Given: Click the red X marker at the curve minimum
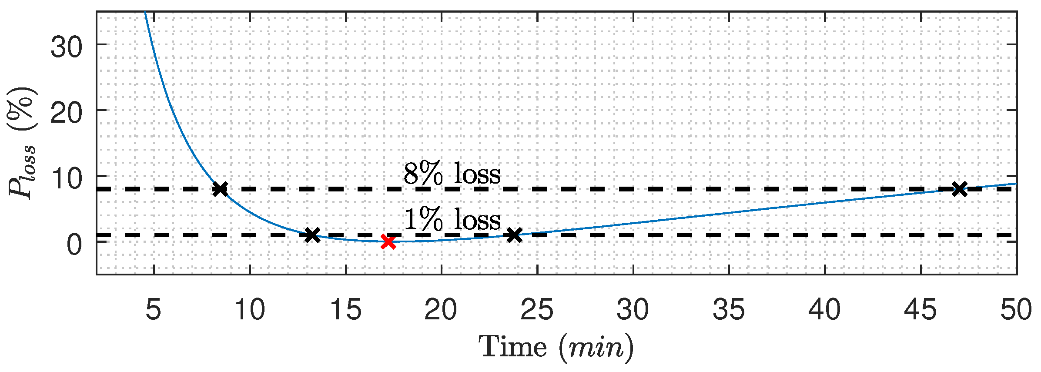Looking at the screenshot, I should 388,241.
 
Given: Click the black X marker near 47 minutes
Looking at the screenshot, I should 959,189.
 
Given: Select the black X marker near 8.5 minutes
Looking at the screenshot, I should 221,189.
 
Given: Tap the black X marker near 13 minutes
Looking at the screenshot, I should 312,235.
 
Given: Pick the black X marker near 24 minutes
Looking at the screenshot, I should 514,235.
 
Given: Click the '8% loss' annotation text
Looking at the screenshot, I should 452,174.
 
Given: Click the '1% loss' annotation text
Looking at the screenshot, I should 452,220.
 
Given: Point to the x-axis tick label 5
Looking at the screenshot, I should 154,310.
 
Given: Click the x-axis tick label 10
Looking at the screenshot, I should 249,310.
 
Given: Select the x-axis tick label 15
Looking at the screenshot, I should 345,310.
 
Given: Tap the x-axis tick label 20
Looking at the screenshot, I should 441,310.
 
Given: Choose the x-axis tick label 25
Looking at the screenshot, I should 537,310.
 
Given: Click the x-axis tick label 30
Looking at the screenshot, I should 633,310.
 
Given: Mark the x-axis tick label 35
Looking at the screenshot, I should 729,310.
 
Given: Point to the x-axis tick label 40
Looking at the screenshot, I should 825,310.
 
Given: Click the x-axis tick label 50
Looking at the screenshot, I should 1016,310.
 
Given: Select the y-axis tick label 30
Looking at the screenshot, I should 66,47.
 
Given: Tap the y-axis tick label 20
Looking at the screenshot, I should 66,113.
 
